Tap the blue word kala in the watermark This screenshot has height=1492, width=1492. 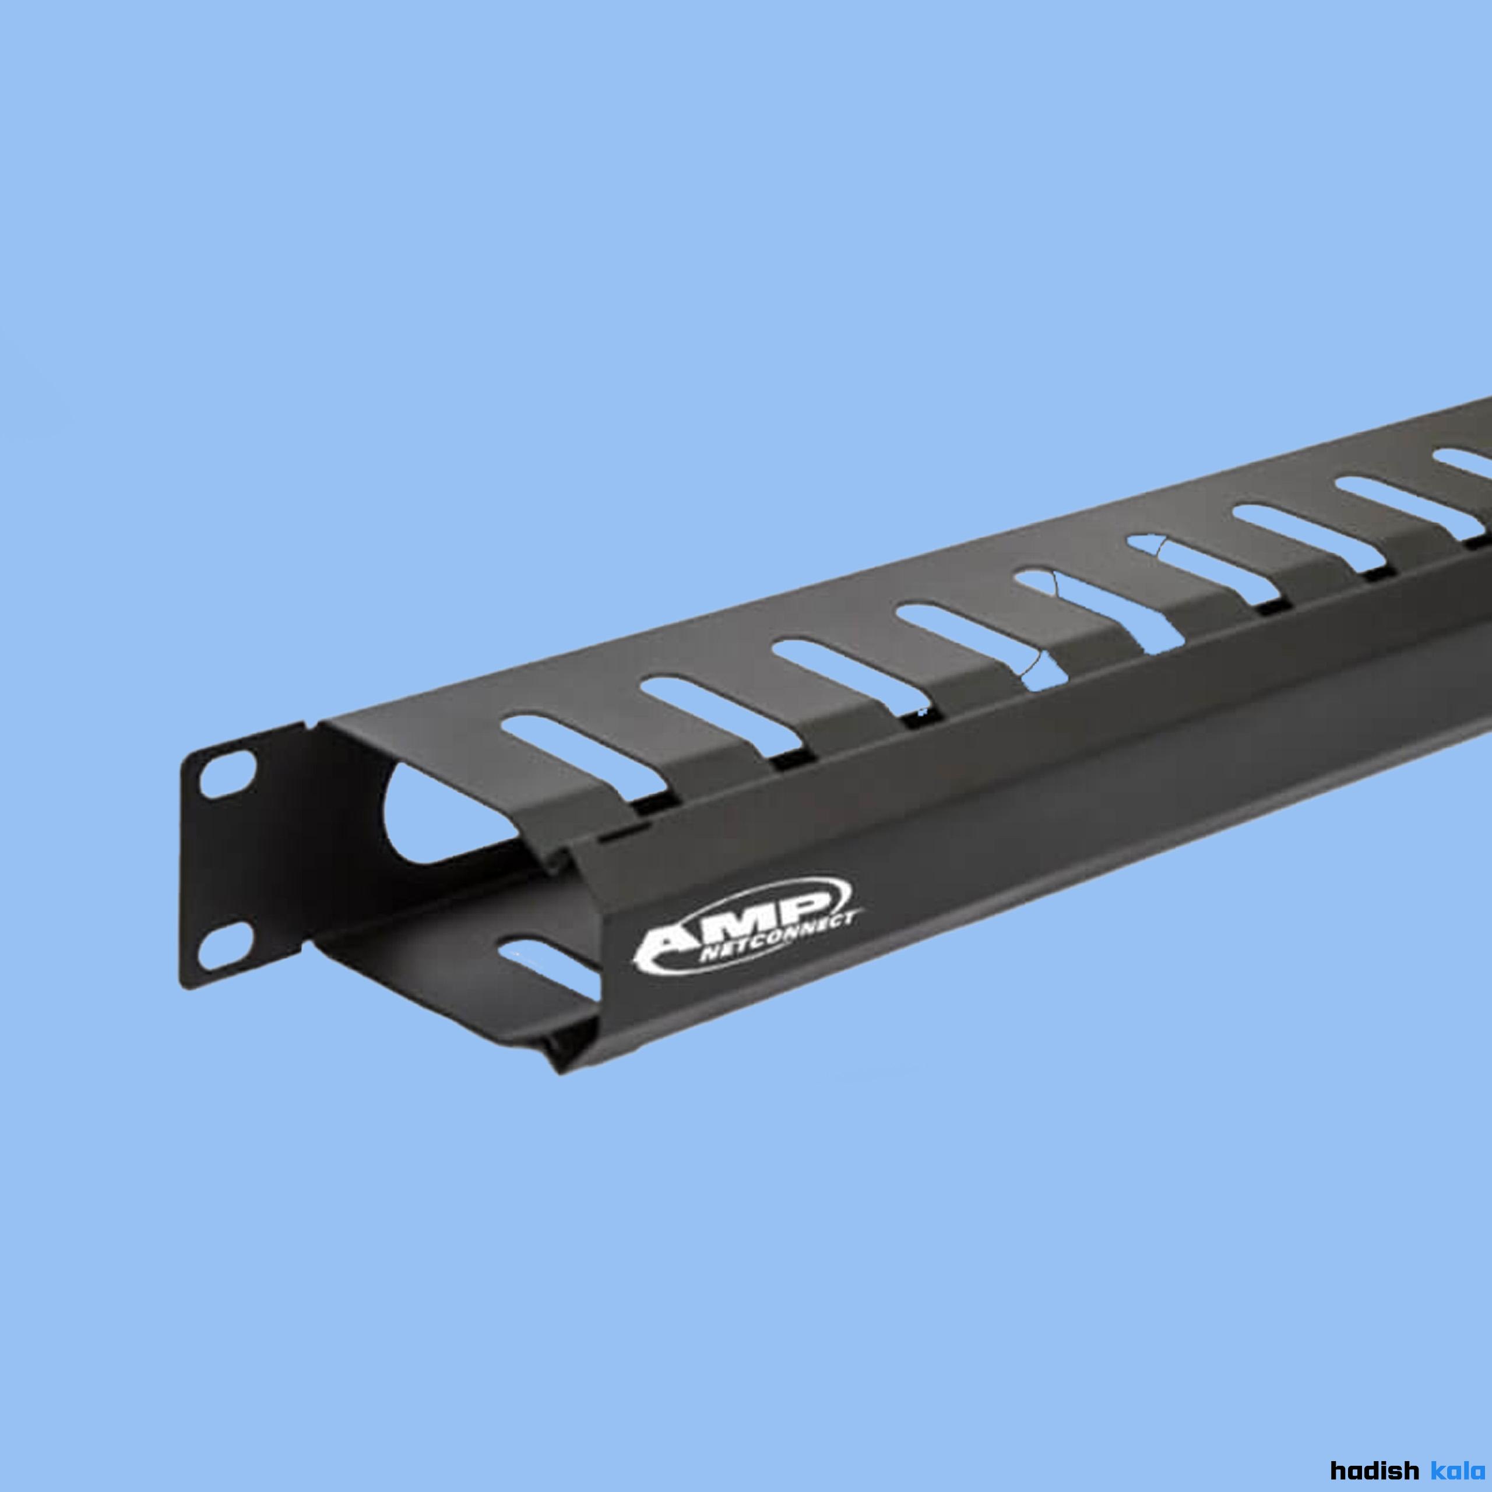(x=1458, y=1468)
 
